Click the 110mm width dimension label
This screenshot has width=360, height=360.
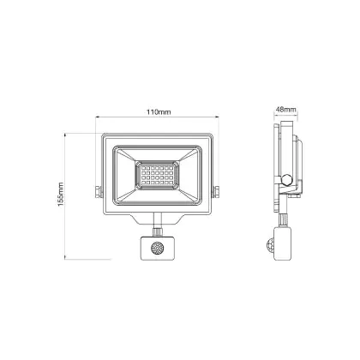coord(159,112)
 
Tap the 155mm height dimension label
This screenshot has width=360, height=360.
coord(61,195)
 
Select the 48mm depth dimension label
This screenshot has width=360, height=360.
coord(286,110)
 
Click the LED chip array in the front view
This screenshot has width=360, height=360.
coord(158,175)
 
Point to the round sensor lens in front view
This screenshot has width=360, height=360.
coord(157,248)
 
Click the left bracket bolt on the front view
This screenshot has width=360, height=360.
coord(98,191)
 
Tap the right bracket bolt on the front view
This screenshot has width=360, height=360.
coord(216,191)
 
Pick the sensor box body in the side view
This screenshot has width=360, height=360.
coord(283,243)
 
